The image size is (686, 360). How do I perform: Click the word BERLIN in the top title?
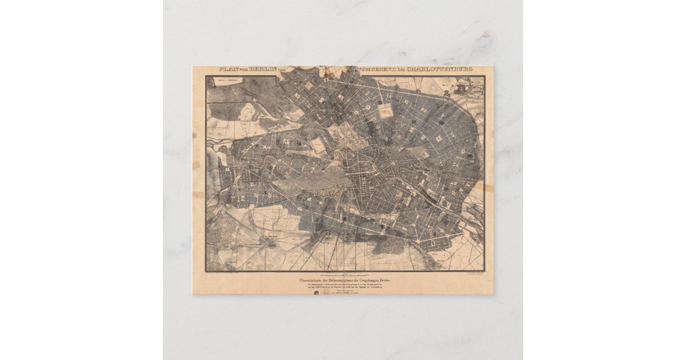click(x=261, y=70)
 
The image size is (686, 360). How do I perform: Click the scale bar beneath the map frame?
click(x=343, y=274)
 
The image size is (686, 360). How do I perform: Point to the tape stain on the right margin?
click(x=488, y=187)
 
